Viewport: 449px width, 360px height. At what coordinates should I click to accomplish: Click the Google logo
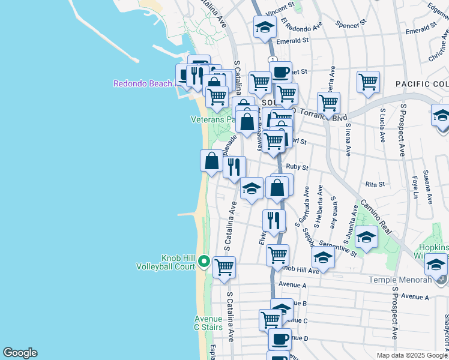click(20, 353)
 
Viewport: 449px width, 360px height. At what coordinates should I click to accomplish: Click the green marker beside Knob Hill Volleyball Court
click(204, 262)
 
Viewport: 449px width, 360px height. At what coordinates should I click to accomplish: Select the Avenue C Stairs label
click(208, 323)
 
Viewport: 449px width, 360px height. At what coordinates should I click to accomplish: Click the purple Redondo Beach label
click(143, 83)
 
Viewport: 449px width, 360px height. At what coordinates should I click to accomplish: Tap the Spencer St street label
click(351, 25)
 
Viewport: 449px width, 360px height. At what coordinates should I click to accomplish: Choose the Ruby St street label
click(297, 167)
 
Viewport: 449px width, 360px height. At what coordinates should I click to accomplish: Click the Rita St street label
click(374, 185)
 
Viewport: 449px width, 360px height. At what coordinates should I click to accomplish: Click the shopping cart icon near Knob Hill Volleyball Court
click(224, 267)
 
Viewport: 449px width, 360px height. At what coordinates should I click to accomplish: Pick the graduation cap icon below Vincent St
click(265, 27)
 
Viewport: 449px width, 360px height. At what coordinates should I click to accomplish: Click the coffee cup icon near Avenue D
click(279, 339)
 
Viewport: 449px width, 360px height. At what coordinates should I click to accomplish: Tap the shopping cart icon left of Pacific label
click(368, 81)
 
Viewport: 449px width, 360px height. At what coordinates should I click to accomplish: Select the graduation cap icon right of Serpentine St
click(366, 237)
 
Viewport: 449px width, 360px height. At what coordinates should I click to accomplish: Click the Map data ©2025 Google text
click(412, 355)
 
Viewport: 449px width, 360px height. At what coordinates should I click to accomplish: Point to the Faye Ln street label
click(415, 187)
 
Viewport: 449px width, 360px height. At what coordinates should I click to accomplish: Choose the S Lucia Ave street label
click(382, 126)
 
